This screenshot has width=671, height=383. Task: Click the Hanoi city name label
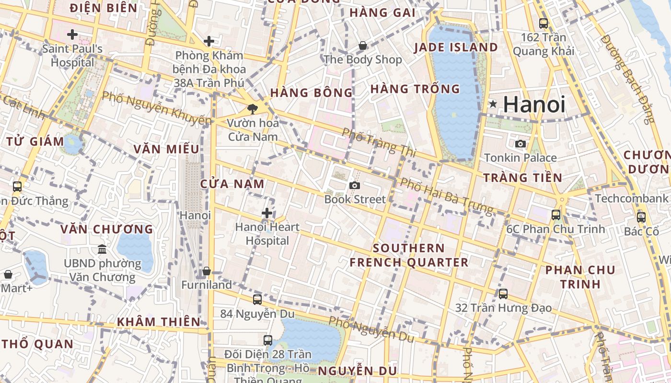(534, 104)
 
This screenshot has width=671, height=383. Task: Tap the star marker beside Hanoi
(493, 104)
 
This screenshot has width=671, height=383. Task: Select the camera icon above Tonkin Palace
(520, 144)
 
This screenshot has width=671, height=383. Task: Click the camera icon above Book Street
(355, 185)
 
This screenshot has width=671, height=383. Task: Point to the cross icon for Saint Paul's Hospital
(72, 34)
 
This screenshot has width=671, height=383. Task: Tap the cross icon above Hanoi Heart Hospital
(267, 213)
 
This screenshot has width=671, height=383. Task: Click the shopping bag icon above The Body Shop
(363, 45)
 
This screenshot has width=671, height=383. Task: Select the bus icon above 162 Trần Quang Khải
(544, 23)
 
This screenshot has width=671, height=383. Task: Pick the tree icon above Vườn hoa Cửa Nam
(252, 109)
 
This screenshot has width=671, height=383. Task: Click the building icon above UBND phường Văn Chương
(102, 249)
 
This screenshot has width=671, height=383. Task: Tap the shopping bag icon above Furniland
(207, 271)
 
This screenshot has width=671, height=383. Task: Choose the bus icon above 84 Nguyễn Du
(257, 300)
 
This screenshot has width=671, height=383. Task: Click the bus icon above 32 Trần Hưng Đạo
(503, 294)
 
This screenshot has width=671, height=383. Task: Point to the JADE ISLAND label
(456, 47)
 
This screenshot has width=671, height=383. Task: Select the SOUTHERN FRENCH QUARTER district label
(409, 255)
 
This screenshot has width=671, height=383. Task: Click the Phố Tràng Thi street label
(379, 142)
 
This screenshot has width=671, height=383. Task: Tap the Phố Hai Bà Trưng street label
(446, 195)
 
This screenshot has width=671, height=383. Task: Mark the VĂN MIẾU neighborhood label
(166, 149)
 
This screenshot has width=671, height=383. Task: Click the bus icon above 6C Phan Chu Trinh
(556, 215)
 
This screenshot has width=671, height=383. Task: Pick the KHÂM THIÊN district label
(159, 322)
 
